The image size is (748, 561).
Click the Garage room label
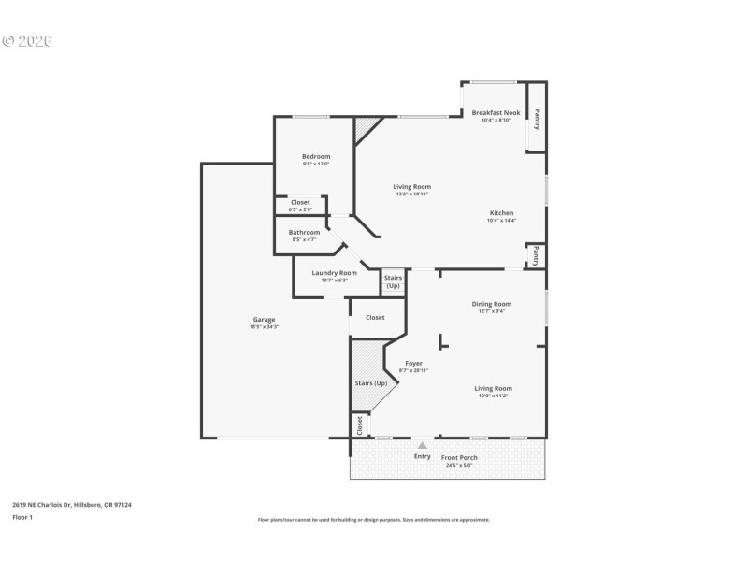[x=263, y=320]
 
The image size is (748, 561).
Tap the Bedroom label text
[x=315, y=156]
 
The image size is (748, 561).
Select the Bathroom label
[x=304, y=232]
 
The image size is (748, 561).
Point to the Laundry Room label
[x=334, y=272]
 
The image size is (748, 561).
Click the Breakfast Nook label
[x=496, y=112]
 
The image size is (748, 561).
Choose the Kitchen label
[x=500, y=213]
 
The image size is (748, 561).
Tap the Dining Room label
[x=491, y=304]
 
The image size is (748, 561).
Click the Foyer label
[x=413, y=363]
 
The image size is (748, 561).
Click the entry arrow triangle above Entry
[x=423, y=446]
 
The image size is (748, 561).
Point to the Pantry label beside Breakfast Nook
[x=537, y=119]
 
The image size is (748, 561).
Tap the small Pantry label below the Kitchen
[x=536, y=255]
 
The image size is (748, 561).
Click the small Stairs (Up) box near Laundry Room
[x=393, y=281]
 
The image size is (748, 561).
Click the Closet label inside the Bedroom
[x=300, y=202]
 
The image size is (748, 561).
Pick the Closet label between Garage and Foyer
[x=375, y=318]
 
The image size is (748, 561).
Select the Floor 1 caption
[x=22, y=516]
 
